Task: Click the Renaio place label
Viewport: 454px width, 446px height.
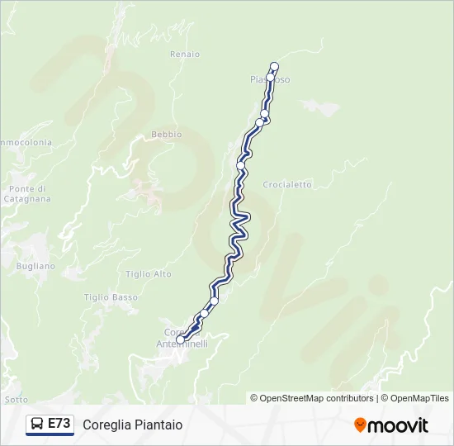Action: coord(185,55)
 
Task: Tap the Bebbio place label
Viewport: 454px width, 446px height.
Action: coord(166,135)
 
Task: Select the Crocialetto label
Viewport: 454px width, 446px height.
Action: coord(287,185)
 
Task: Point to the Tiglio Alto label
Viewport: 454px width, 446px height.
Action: coord(149,274)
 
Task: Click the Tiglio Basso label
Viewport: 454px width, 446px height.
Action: coord(111,297)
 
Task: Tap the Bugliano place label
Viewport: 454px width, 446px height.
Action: coord(35,267)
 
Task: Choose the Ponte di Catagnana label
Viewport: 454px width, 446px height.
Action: coord(27,194)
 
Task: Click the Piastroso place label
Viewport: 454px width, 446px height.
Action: coord(270,79)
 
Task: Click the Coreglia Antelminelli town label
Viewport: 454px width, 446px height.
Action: coord(182,338)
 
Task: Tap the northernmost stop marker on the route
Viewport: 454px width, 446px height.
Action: coord(275,67)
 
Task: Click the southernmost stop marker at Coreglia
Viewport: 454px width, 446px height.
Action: coord(180,339)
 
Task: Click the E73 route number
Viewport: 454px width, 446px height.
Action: coord(59,424)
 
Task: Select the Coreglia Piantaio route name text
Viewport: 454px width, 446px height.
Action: coord(132,425)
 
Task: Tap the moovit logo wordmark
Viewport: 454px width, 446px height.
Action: coord(399,425)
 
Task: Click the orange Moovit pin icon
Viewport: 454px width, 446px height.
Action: coord(360,425)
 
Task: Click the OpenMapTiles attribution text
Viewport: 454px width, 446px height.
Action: coord(419,398)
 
